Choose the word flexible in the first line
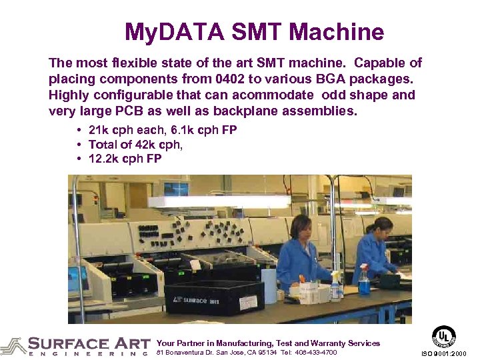point(133,63)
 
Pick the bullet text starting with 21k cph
point(162,129)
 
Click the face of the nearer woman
point(302,229)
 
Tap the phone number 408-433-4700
point(315,352)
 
